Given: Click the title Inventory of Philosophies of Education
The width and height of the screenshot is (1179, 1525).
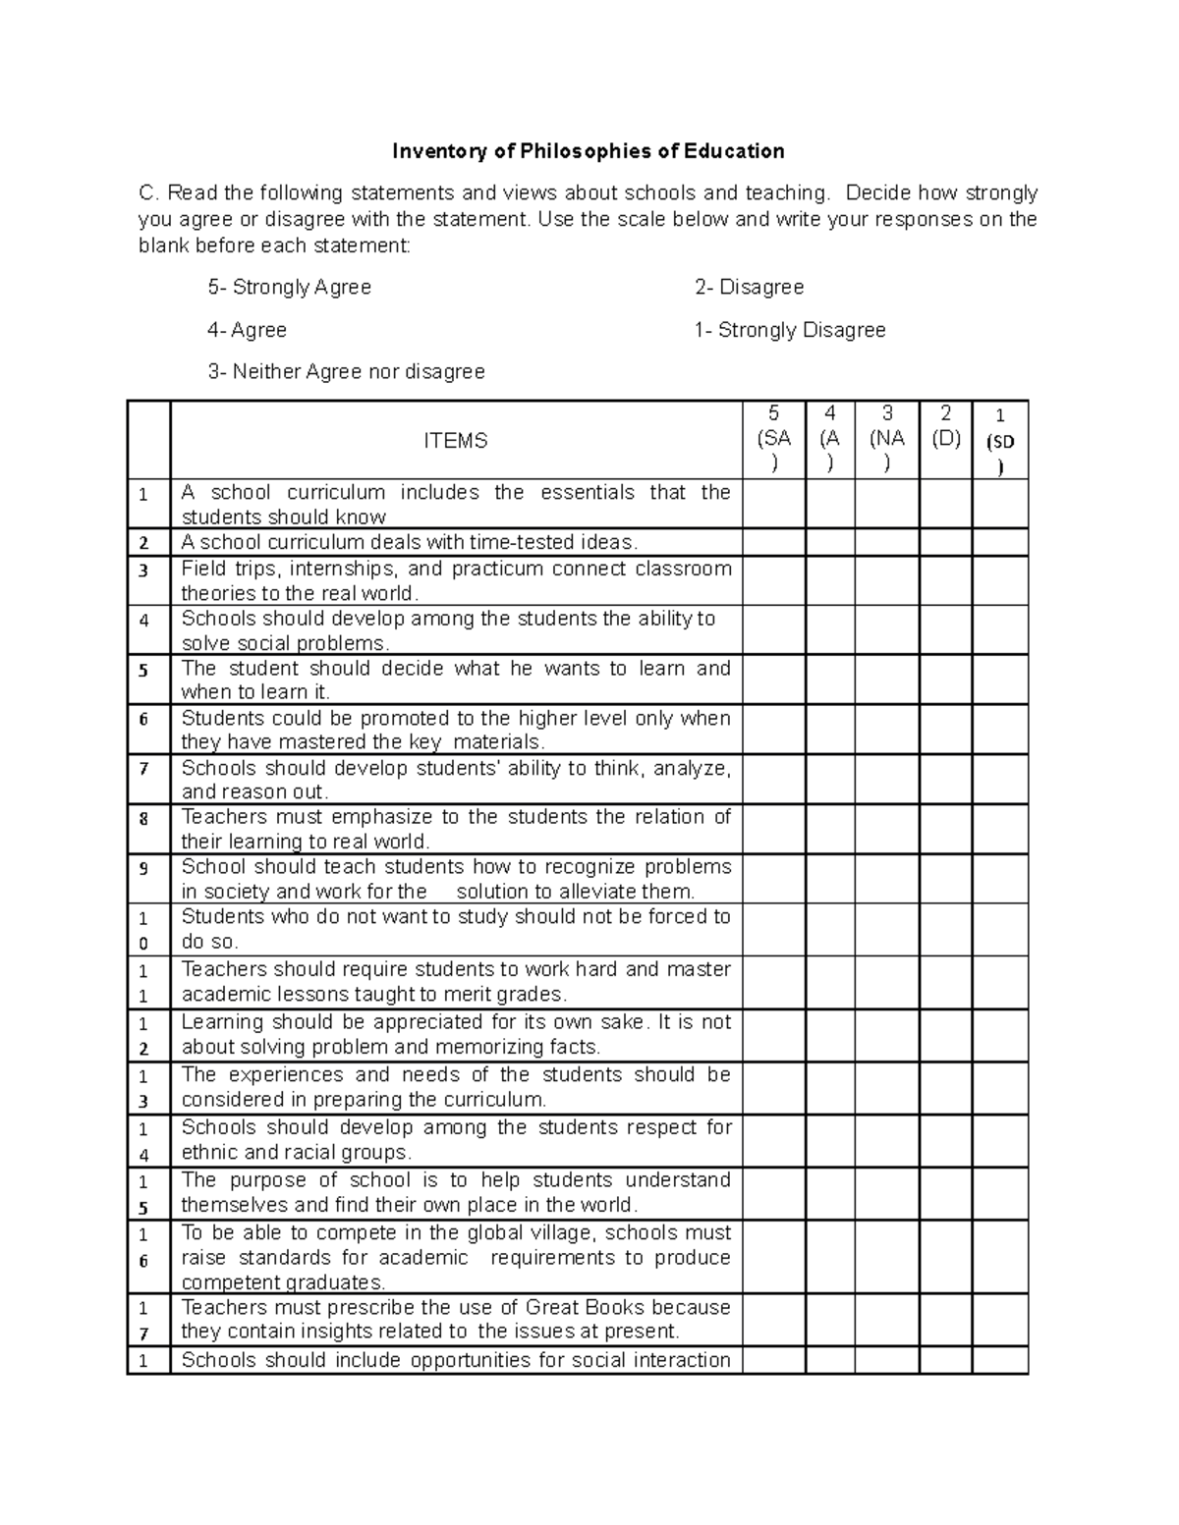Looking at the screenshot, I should click(x=588, y=151).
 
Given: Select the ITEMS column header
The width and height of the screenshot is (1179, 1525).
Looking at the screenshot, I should click(x=455, y=441).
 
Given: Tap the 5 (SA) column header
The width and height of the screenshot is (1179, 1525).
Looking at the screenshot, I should click(x=773, y=439).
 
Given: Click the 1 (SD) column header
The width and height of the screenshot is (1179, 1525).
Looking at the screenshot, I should click(x=1000, y=441).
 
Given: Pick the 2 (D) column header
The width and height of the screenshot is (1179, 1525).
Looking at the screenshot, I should click(x=945, y=427).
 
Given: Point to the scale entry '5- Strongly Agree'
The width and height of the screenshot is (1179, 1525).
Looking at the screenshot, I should click(x=289, y=287).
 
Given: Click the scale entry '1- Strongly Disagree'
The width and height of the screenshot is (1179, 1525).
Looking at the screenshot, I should click(x=790, y=330).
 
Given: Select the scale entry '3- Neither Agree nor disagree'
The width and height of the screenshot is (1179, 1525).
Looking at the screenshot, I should click(x=346, y=372).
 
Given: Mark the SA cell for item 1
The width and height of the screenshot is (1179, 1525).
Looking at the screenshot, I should click(x=773, y=504).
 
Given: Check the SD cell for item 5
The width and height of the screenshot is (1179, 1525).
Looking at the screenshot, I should click(x=1000, y=680).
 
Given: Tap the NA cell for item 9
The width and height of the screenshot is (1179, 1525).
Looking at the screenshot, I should click(x=886, y=879).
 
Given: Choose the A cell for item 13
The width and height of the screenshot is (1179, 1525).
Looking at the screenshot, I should click(x=830, y=1088).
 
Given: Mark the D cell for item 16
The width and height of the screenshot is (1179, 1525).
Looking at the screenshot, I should click(x=945, y=1257).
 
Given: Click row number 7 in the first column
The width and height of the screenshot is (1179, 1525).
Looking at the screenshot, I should click(x=144, y=768).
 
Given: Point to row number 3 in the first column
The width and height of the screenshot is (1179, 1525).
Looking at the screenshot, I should click(x=144, y=570).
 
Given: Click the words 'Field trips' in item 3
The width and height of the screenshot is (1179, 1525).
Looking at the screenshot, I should click(x=221, y=569).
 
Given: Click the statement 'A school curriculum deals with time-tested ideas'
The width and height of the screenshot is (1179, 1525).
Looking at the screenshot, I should click(x=409, y=542).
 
